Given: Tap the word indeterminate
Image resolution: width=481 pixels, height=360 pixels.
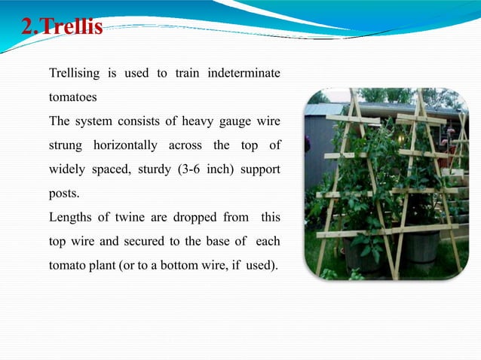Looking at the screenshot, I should coord(244,74).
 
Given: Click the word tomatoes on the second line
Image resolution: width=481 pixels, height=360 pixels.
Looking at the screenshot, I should coord(73,97).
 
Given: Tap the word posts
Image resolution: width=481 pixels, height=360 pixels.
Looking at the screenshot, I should coord(64,193).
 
